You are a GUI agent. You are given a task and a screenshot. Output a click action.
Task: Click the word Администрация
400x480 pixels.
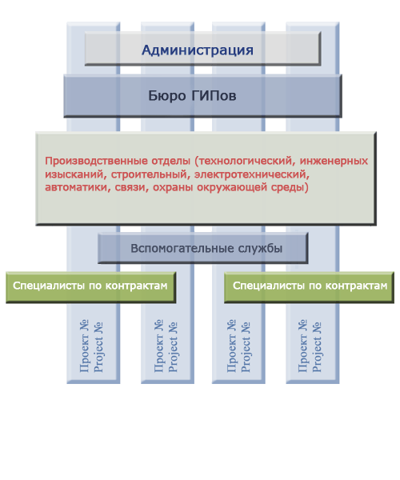coord(198,50)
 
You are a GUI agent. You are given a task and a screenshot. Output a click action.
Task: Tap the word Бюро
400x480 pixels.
coord(167,96)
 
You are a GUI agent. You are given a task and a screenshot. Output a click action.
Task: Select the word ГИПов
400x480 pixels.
coord(214,96)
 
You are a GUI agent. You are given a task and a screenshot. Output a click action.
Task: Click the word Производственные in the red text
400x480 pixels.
coord(118,161)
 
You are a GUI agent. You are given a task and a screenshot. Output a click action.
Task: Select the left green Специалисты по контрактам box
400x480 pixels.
coord(91,287)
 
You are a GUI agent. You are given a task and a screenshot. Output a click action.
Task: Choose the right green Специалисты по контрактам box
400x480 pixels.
coord(309,287)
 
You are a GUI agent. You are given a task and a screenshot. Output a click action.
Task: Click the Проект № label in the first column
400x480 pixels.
coord(84,346)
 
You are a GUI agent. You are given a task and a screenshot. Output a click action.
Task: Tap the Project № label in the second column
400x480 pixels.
coord(173,347)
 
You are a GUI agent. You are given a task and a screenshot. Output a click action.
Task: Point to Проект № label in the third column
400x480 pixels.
coord(231,346)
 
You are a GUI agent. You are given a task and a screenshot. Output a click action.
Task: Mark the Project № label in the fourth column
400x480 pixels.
coord(317,347)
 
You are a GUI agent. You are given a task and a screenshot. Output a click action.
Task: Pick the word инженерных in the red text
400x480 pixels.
coord(334,161)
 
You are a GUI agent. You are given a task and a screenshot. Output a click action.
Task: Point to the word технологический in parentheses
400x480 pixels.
coord(245,161)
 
